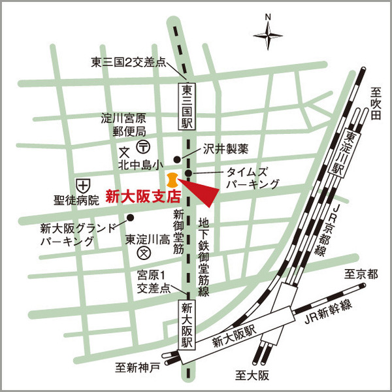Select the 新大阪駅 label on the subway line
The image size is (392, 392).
pyautogui.click(x=187, y=325)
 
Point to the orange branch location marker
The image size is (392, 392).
pyautogui.click(x=171, y=180)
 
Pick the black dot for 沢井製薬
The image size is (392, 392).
pyautogui.click(x=176, y=159)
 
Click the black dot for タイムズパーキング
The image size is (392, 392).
pyautogui.click(x=188, y=173)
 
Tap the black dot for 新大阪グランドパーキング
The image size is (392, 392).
pyautogui.click(x=130, y=218)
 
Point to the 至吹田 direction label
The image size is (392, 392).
pyautogui.click(x=375, y=104)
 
